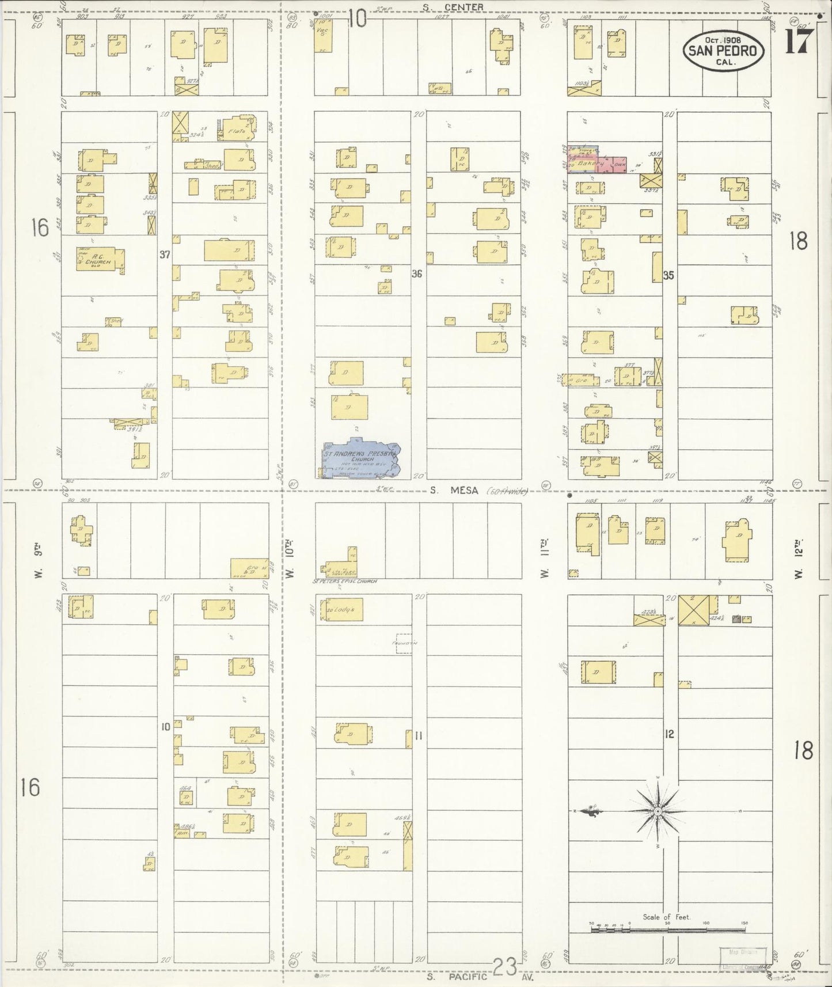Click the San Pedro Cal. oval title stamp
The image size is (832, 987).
pyautogui.click(x=724, y=51)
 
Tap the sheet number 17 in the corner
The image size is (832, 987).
pyautogui.click(x=799, y=41)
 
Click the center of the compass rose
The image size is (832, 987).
pyautogui.click(x=658, y=811)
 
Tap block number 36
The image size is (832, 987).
pyautogui.click(x=416, y=274)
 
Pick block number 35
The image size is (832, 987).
pyautogui.click(x=668, y=275)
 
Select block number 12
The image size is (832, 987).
pyautogui.click(x=668, y=734)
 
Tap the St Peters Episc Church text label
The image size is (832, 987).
pyautogui.click(x=344, y=581)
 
